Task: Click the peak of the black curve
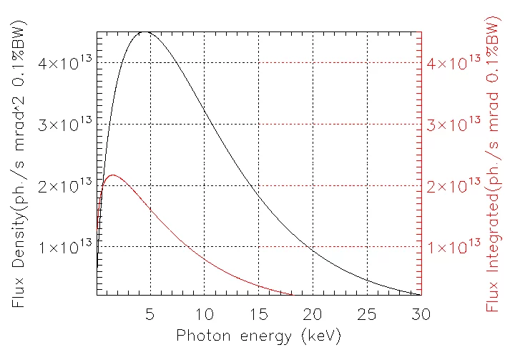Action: (x=145, y=32)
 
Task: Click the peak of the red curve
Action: (x=112, y=175)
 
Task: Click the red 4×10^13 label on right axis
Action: (x=453, y=62)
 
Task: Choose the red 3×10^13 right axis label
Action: (x=453, y=123)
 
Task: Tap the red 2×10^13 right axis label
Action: (x=453, y=185)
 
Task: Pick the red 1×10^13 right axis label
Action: (x=453, y=246)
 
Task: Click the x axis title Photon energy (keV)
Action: (x=259, y=336)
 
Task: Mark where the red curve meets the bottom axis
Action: (x=292, y=294)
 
